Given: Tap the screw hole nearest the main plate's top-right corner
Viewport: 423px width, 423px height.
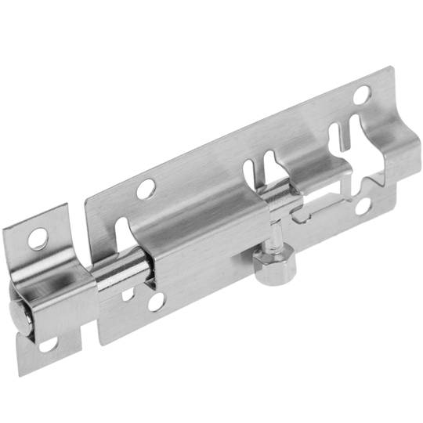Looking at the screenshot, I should [x=362, y=95].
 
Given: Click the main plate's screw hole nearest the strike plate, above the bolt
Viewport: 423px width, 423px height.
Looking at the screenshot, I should [x=145, y=188].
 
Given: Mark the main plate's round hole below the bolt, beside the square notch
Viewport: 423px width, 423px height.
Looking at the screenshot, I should [x=156, y=301].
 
